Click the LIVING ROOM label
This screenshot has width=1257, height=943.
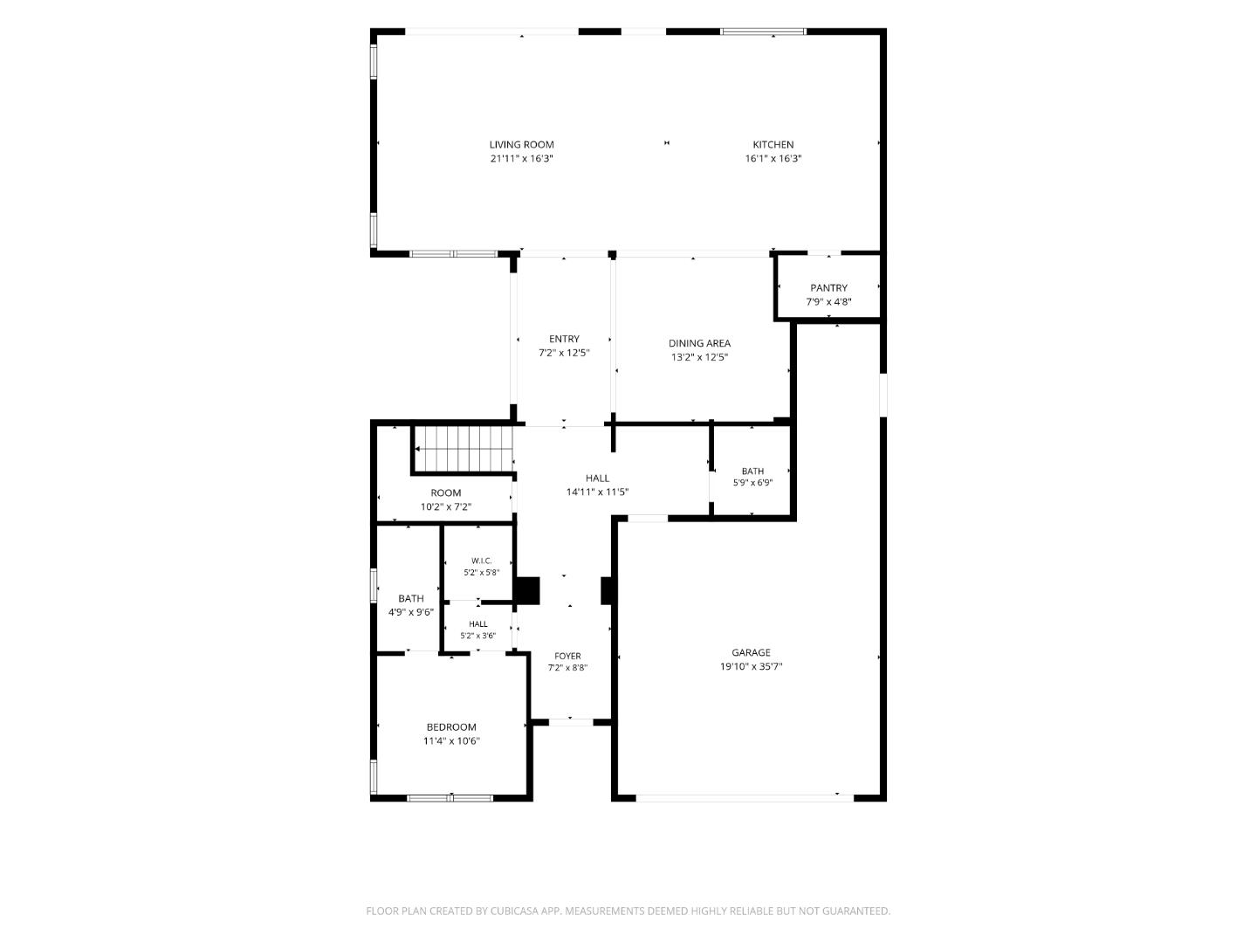click(x=521, y=145)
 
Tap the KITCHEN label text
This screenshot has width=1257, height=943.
click(x=773, y=145)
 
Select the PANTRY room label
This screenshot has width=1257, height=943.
click(x=828, y=288)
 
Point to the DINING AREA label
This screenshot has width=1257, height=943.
click(x=699, y=343)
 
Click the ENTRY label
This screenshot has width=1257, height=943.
click(x=564, y=339)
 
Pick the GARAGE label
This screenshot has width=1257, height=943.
click(x=751, y=652)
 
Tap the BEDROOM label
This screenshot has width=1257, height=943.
click(x=451, y=727)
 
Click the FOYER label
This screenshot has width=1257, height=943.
click(x=567, y=656)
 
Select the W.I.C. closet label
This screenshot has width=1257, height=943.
click(x=482, y=561)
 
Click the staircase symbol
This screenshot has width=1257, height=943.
click(x=463, y=449)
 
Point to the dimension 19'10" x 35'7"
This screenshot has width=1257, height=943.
click(x=751, y=666)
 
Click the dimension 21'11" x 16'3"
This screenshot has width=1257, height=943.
click(x=521, y=159)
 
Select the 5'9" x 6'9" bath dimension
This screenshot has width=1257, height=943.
click(x=752, y=483)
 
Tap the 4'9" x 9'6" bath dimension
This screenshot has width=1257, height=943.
click(x=410, y=612)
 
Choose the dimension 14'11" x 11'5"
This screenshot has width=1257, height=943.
click(x=597, y=492)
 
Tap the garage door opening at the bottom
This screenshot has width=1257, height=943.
click(x=745, y=797)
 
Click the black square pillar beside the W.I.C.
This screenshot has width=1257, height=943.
click(x=528, y=591)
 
